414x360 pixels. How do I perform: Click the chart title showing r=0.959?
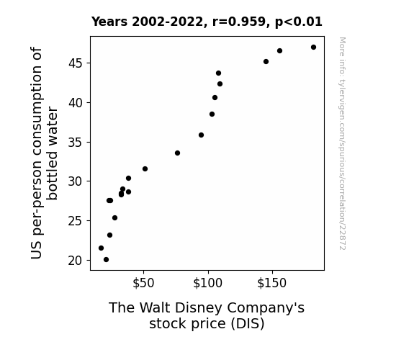pos(207,22)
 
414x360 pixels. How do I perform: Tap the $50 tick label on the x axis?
pos(143,283)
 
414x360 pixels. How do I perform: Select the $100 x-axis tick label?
pos(208,283)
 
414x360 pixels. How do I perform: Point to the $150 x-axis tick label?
pos(272,283)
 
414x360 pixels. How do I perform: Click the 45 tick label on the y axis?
pos(76,63)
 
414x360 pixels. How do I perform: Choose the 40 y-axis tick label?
pos(76,102)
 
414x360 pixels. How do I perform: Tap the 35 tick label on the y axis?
pos(76,142)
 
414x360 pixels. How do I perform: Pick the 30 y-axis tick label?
pos(76,181)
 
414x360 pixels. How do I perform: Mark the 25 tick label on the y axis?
pos(76,221)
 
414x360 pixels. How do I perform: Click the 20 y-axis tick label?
pos(76,261)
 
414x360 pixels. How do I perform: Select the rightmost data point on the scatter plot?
pos(313,48)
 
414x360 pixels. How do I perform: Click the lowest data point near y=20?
pos(106,260)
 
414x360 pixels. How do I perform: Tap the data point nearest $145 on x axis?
pos(266,61)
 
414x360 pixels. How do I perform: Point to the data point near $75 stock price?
pos(177,153)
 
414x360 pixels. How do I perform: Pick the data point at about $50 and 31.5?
pos(145,168)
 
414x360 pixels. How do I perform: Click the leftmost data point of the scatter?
pos(101,248)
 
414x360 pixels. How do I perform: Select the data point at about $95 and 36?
pos(201,135)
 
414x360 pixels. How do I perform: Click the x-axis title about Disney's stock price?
pos(207,315)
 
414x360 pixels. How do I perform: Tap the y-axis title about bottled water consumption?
pos(44,153)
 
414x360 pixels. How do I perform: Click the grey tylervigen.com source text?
pos(342,143)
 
